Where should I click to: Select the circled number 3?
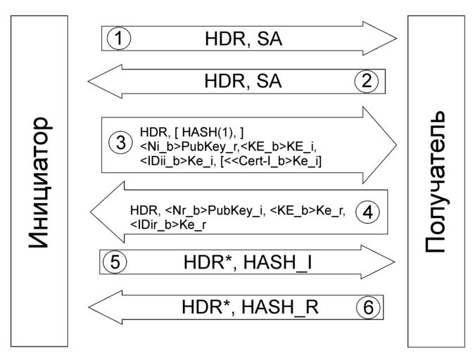pos(121,143)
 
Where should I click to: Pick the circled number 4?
pos(367,211)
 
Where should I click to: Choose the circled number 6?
pos(367,307)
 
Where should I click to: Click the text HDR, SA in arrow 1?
pos(243,38)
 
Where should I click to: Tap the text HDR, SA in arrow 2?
pos(243,81)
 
